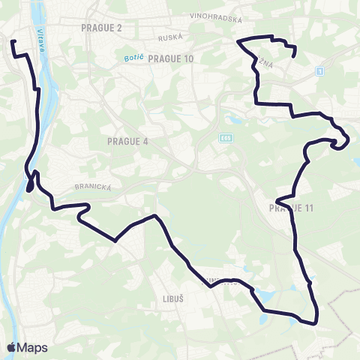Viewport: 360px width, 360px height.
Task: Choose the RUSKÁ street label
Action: click(171, 37)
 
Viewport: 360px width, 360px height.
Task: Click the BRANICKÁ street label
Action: click(93, 187)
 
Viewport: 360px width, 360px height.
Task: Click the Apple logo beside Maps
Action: click(11, 347)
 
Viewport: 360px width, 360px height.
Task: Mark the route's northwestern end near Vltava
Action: click(13, 42)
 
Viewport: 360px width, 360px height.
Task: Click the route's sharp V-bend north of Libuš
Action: click(115, 241)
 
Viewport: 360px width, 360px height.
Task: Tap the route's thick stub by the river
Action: click(31, 182)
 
